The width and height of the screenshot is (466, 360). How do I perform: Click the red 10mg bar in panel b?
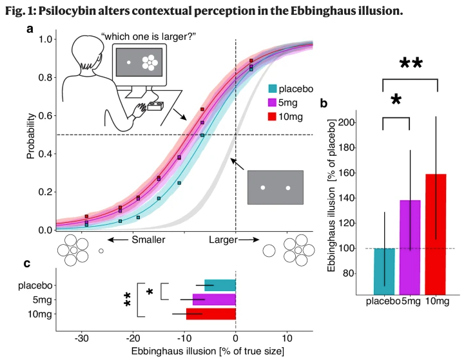[436, 232]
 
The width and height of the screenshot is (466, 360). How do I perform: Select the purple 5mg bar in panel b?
[410, 245]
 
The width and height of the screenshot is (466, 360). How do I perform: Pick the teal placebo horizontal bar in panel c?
[220, 285]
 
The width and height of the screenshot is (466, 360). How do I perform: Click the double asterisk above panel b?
[411, 63]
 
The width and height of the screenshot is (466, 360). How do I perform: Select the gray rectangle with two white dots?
[275, 187]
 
